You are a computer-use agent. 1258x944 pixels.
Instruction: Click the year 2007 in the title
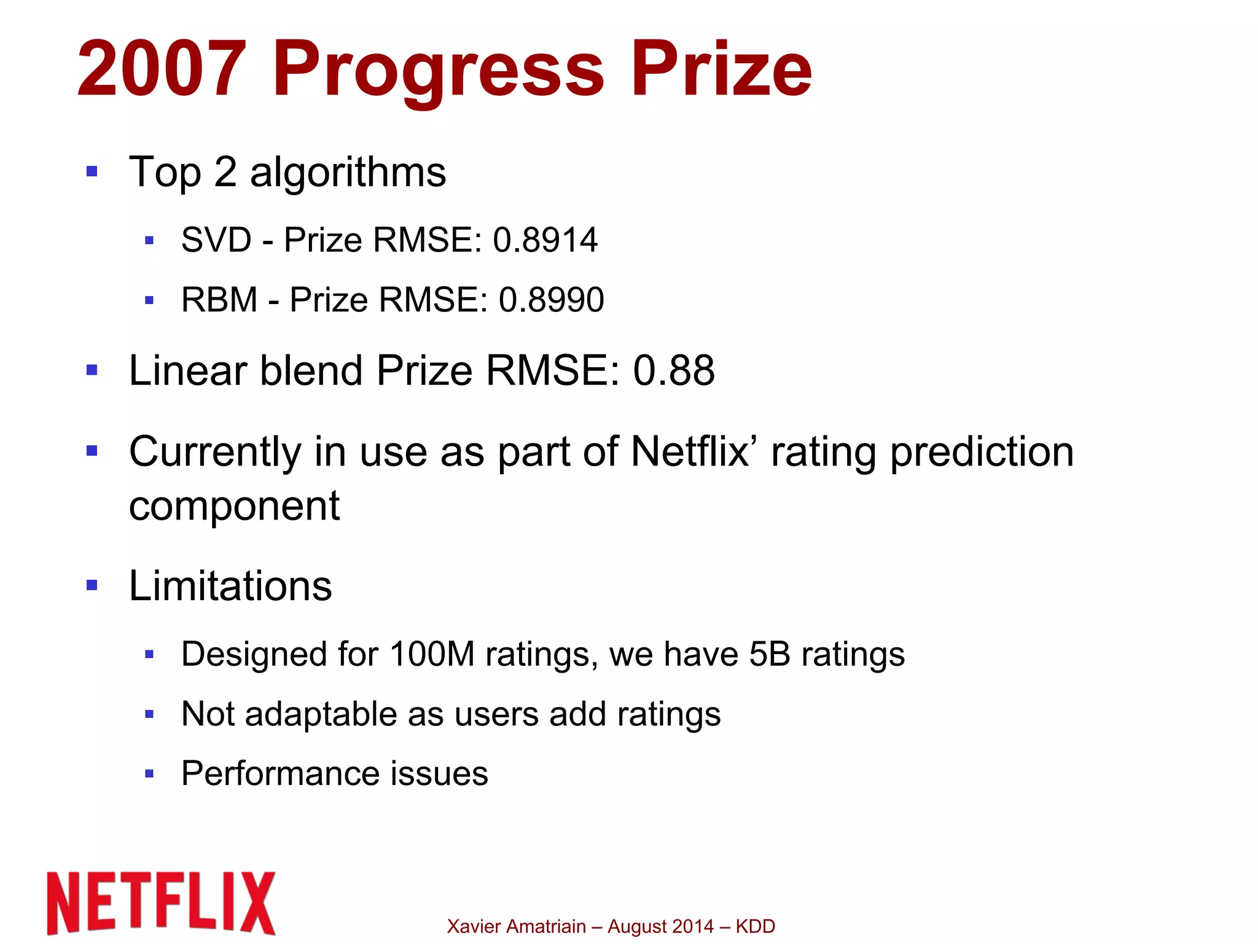(x=162, y=69)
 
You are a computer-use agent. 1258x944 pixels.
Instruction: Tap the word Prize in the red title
(x=721, y=69)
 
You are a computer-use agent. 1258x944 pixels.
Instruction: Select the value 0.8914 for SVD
(x=545, y=240)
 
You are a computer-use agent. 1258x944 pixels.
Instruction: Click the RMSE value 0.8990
(x=551, y=300)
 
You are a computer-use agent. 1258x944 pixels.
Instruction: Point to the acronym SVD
(x=216, y=240)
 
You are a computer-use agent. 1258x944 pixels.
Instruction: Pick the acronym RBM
(x=219, y=300)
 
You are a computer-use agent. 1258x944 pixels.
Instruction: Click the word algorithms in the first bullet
(x=348, y=173)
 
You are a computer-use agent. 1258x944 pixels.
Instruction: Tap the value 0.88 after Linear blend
(x=674, y=371)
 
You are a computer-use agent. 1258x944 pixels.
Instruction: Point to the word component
(x=234, y=507)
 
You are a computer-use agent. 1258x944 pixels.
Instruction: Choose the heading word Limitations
(x=230, y=586)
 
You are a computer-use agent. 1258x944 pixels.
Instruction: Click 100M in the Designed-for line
(x=432, y=654)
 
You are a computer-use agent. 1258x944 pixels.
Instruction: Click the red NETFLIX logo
(x=162, y=903)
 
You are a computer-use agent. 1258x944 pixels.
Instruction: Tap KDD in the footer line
(x=755, y=926)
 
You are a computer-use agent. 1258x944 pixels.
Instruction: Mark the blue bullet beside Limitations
(x=92, y=585)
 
